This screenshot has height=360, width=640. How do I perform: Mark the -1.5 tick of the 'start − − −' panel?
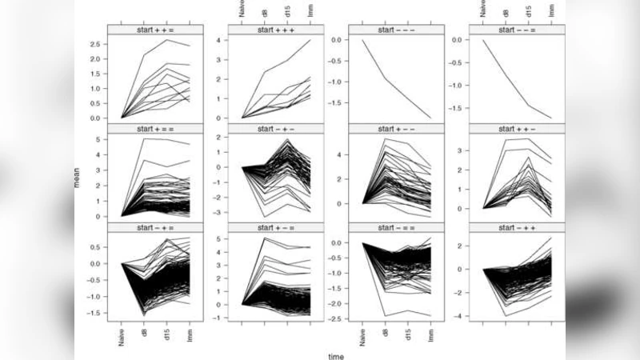tap(338, 102)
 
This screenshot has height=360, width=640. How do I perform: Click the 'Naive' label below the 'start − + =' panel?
tap(121, 337)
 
